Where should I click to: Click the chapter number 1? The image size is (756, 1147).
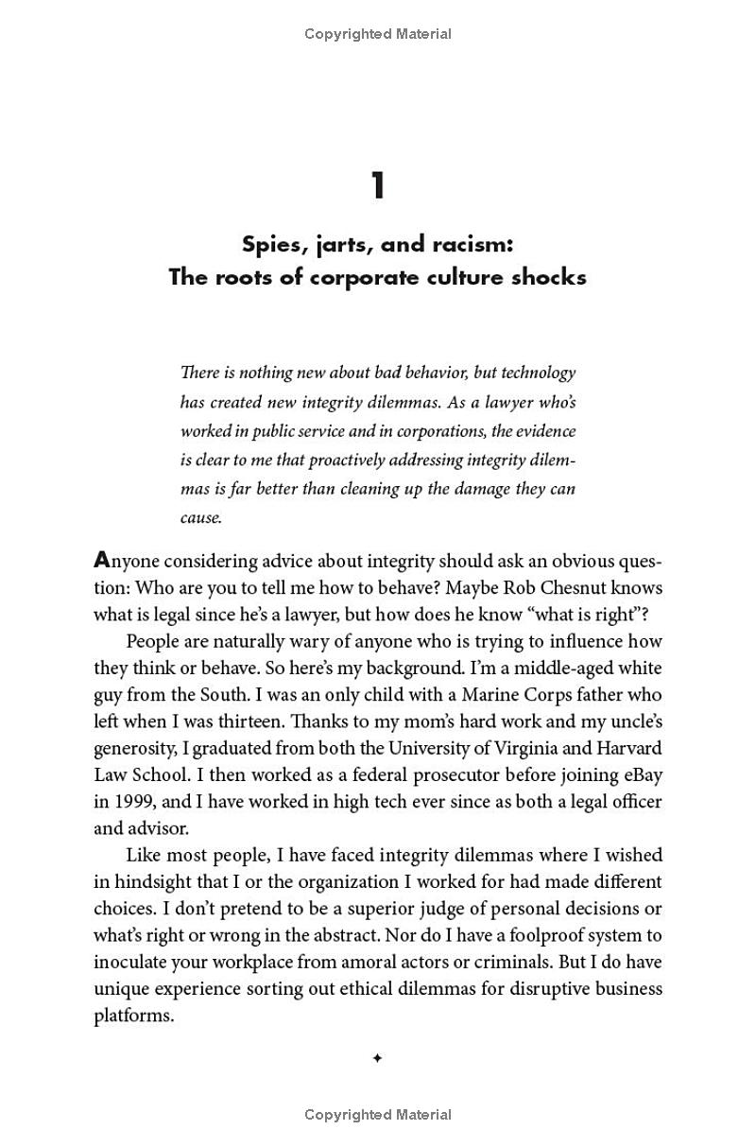378,185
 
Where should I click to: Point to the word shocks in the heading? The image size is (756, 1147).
548,277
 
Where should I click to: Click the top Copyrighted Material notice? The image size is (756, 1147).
378,34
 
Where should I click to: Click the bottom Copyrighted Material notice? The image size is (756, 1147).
378,1116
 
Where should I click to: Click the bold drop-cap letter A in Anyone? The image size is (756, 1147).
101,560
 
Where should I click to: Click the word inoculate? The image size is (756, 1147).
131,963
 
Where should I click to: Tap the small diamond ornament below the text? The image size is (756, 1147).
377,1059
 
